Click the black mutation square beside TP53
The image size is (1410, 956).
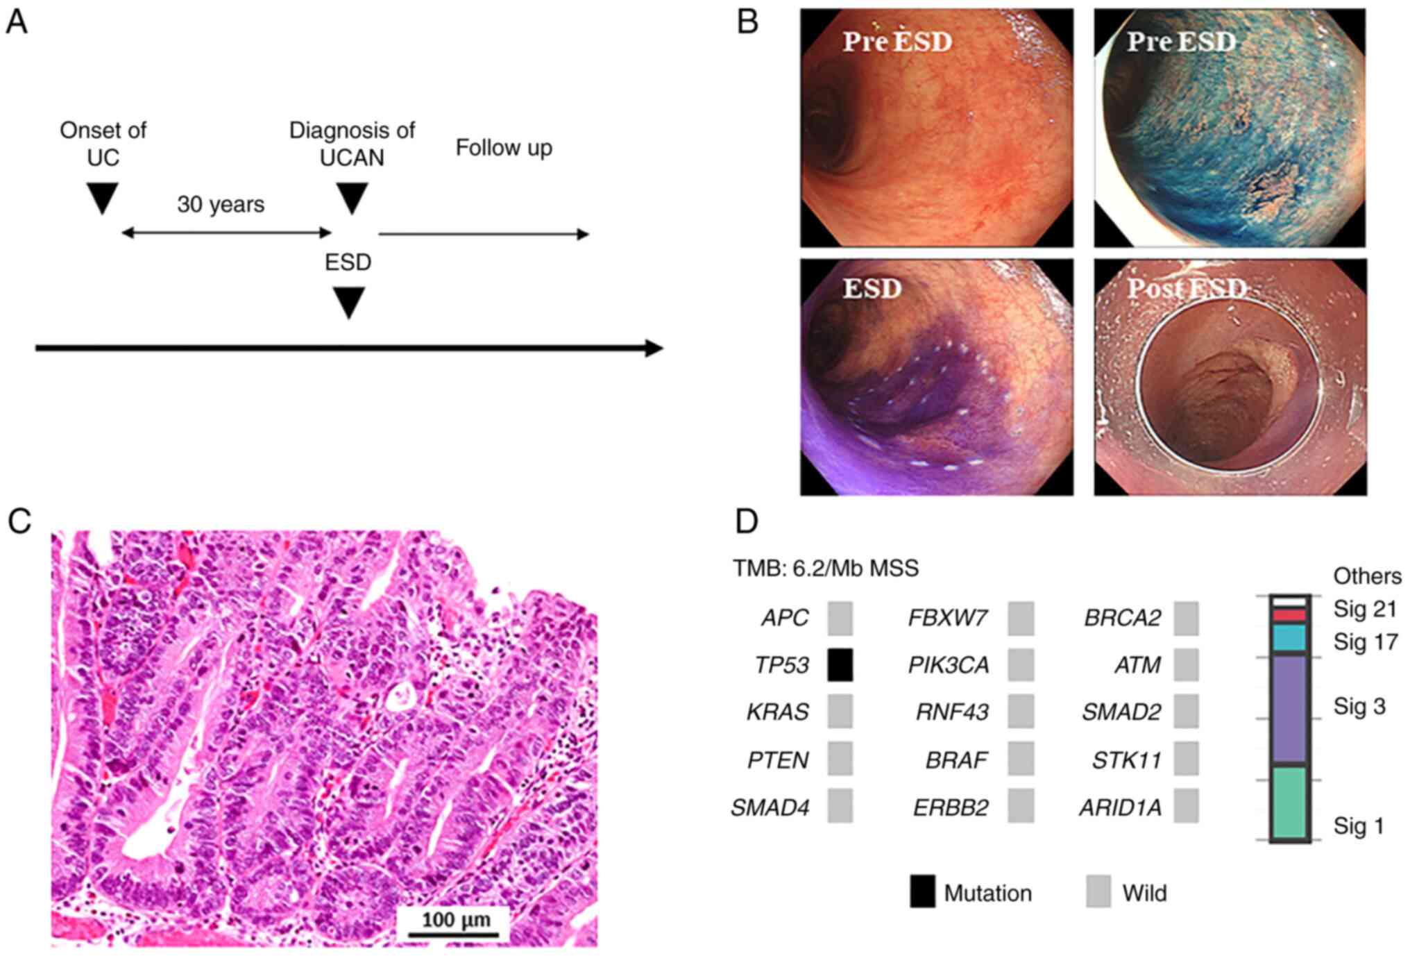(840, 664)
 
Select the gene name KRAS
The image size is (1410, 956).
(777, 712)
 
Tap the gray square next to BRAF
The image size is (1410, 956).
(1020, 760)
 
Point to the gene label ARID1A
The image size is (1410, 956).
(1120, 807)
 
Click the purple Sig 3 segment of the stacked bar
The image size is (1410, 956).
(1289, 709)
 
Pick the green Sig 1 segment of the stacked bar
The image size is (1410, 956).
(1289, 802)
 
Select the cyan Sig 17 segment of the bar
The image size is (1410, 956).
(1289, 637)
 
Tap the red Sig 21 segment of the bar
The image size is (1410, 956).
(1289, 615)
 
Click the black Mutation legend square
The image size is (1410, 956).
(922, 892)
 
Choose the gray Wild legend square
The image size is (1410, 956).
(1098, 892)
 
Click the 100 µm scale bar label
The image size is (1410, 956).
(456, 920)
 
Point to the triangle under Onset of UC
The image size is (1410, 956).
(103, 199)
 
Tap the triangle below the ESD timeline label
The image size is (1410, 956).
(348, 303)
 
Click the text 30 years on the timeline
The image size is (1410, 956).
(221, 204)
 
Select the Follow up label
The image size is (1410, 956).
(504, 148)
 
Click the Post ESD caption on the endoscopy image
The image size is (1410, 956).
(1187, 288)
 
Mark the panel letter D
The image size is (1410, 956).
(747, 521)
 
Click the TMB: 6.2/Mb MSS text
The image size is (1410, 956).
(826, 569)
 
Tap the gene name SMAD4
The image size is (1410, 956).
(770, 807)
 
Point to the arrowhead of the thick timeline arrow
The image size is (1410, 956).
(654, 348)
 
